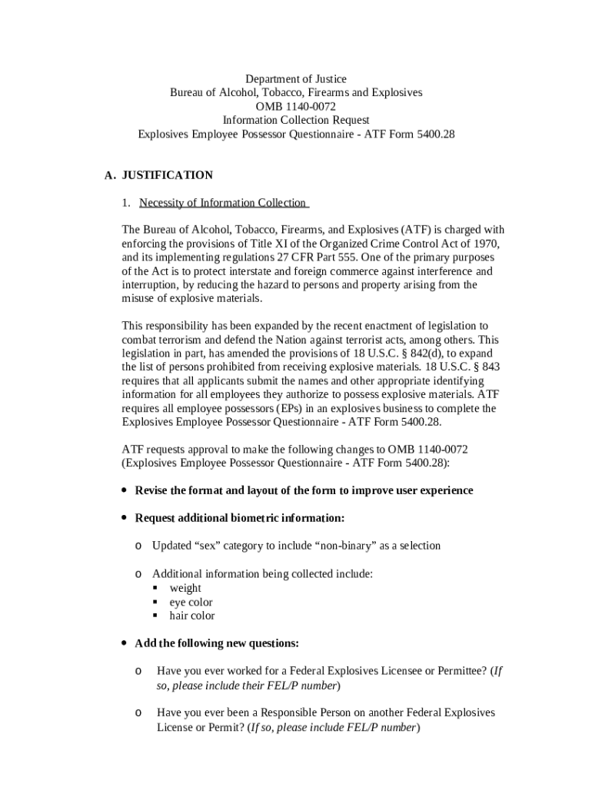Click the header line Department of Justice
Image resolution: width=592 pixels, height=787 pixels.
click(296, 79)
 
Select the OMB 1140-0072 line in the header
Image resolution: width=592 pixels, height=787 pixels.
click(296, 106)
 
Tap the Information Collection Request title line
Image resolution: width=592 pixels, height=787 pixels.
click(296, 120)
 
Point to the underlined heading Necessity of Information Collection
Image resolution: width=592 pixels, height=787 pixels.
click(223, 203)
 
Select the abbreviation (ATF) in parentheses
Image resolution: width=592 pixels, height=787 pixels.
click(419, 230)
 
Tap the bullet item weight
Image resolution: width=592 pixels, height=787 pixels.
click(185, 588)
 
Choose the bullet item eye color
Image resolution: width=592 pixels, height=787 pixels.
click(191, 602)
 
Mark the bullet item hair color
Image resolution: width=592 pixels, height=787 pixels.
click(192, 616)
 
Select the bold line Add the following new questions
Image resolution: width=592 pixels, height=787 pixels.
click(217, 643)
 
